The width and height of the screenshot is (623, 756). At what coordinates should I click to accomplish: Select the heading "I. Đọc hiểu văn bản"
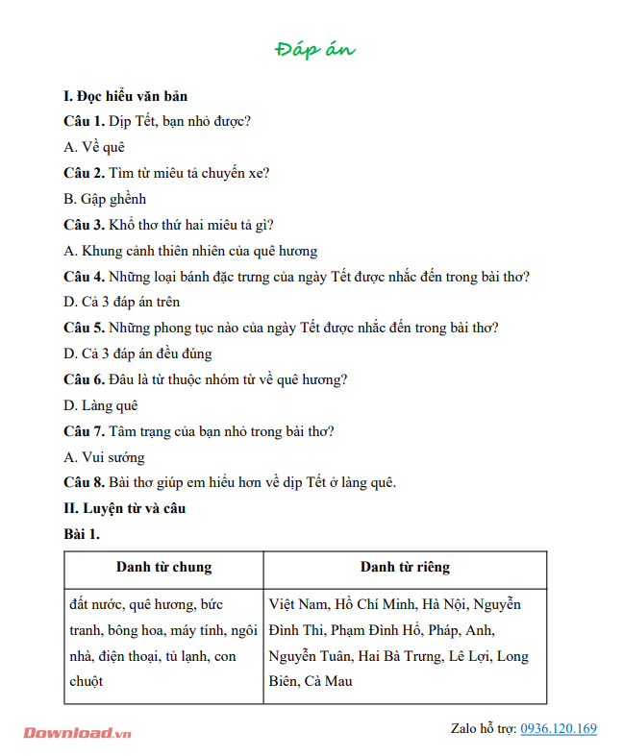[x=125, y=96]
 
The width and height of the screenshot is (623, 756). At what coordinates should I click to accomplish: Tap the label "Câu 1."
[x=84, y=121]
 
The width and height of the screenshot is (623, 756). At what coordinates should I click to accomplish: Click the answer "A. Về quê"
[x=94, y=147]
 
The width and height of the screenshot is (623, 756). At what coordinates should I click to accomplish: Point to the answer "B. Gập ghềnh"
[x=105, y=199]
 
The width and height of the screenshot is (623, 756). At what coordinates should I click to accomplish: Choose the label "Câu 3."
[x=84, y=225]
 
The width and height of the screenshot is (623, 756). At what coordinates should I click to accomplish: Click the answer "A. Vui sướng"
[x=104, y=457]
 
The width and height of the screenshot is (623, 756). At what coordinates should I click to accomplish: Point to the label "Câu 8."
[x=84, y=482]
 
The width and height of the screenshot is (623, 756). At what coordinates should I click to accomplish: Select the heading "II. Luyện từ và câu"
[x=124, y=508]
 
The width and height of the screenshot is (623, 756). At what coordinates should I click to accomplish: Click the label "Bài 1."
[x=82, y=533]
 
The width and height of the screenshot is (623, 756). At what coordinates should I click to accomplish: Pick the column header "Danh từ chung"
[x=163, y=568]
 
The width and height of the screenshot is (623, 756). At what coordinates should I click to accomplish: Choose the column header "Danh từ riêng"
[x=405, y=568]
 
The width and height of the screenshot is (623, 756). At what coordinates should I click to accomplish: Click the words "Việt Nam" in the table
[x=298, y=605]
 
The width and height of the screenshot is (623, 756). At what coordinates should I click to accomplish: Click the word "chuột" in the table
[x=87, y=681]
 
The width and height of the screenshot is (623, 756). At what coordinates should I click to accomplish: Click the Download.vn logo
[x=77, y=732]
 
